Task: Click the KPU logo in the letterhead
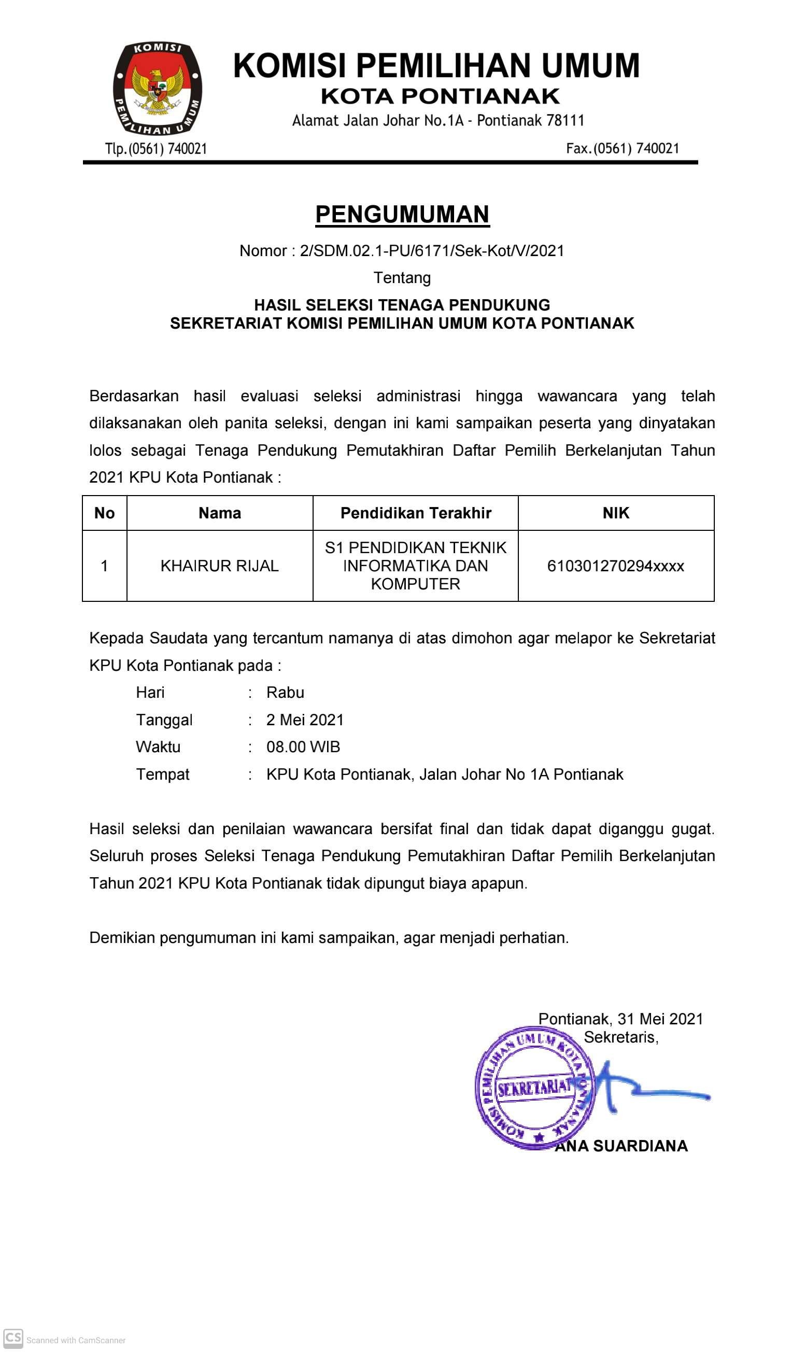(x=157, y=88)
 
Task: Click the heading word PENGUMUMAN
(x=402, y=214)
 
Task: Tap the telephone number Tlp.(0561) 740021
(x=156, y=149)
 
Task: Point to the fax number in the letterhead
(x=623, y=148)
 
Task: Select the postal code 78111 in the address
(x=565, y=120)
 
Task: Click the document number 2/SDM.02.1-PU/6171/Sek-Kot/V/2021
(x=432, y=251)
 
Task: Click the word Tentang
(x=402, y=278)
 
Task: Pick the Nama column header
(x=220, y=513)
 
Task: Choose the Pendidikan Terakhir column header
(x=416, y=513)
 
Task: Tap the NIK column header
(x=616, y=513)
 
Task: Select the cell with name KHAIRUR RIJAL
(x=220, y=566)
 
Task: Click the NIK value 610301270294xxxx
(x=616, y=566)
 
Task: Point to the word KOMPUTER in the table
(x=416, y=584)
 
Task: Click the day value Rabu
(x=285, y=693)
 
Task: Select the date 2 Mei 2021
(x=305, y=720)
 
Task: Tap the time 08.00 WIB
(x=303, y=747)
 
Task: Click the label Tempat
(x=163, y=774)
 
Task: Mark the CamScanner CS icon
(x=13, y=1337)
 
